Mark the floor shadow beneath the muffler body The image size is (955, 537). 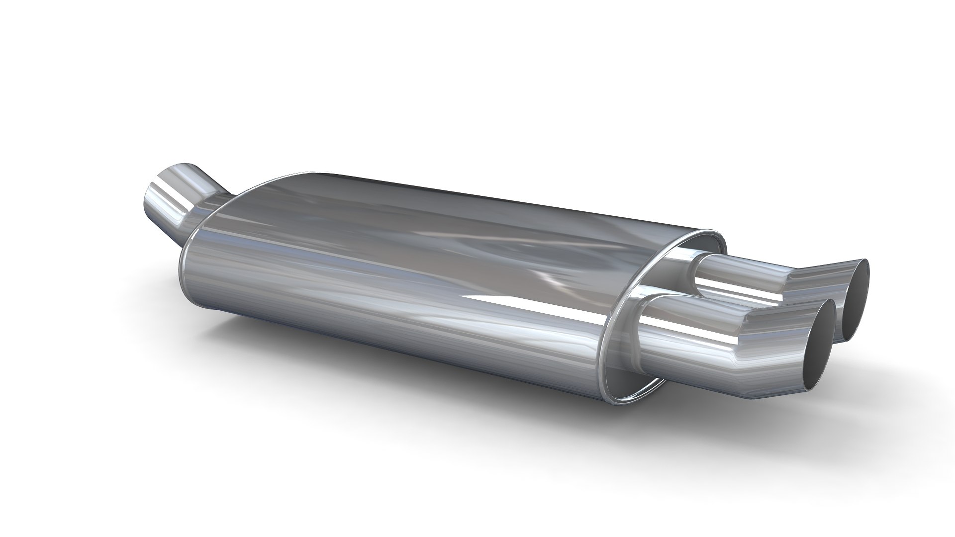pos(398,378)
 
